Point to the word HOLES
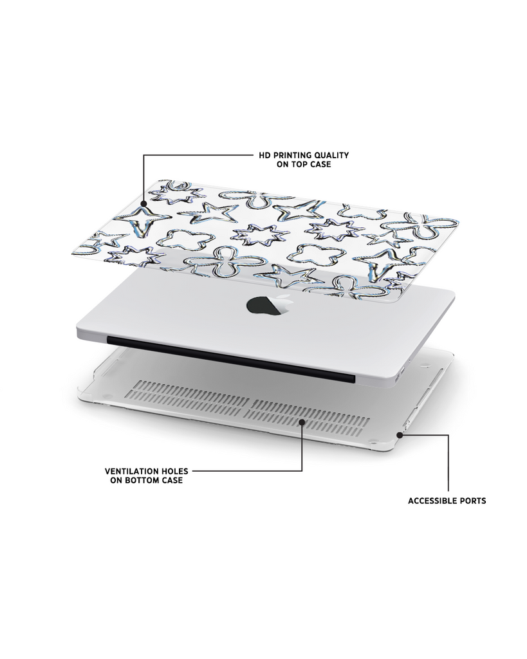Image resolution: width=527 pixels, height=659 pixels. [x=174, y=471]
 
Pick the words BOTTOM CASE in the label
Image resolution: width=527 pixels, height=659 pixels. [x=153, y=480]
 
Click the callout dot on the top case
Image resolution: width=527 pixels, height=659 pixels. [x=143, y=203]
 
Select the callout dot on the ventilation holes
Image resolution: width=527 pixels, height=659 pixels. [x=302, y=422]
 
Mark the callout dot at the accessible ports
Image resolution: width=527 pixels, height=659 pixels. [x=400, y=435]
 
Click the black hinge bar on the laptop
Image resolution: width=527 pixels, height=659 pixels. [x=231, y=359]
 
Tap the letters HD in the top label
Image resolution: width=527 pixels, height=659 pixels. [x=264, y=155]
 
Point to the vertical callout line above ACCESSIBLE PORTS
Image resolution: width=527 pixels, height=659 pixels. [x=448, y=463]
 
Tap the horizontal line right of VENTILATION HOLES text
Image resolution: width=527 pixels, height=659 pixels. [x=247, y=470]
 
